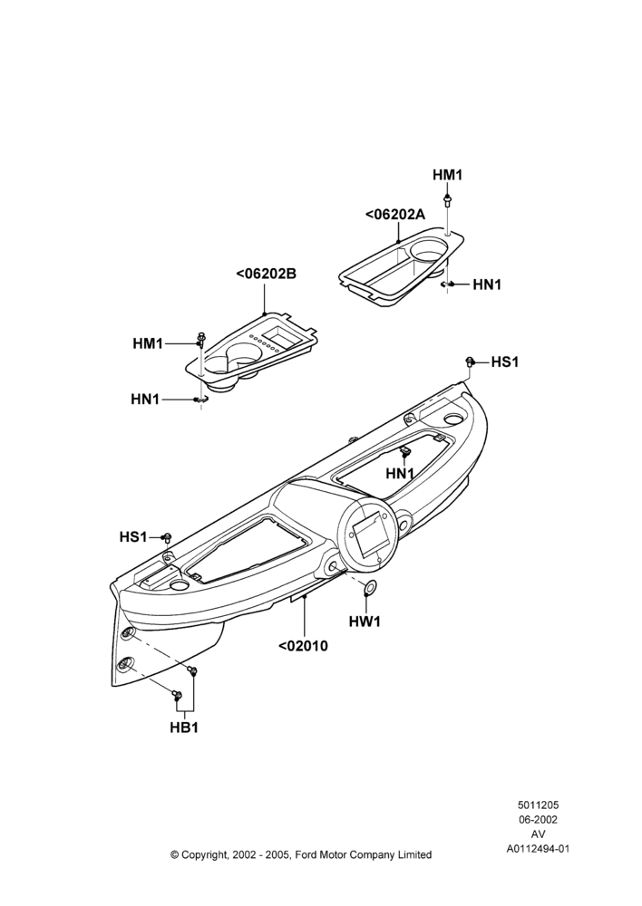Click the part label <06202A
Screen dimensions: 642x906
395,215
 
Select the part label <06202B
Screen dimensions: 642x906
266,274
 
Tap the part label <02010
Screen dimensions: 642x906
303,646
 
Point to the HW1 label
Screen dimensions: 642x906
365,622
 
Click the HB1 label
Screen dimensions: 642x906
184,728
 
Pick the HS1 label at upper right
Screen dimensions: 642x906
505,362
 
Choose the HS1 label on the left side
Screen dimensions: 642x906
133,536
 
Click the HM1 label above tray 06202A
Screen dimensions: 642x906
448,175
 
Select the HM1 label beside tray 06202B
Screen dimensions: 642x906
148,343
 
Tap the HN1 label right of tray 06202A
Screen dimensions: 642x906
487,284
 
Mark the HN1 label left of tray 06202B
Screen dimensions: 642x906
145,399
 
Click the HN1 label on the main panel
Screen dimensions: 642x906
400,474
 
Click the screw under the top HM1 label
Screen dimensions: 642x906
448,200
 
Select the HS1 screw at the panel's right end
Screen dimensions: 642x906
470,362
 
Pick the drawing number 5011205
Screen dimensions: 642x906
538,805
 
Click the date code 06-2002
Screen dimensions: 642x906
538,819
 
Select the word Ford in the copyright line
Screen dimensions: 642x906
307,854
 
